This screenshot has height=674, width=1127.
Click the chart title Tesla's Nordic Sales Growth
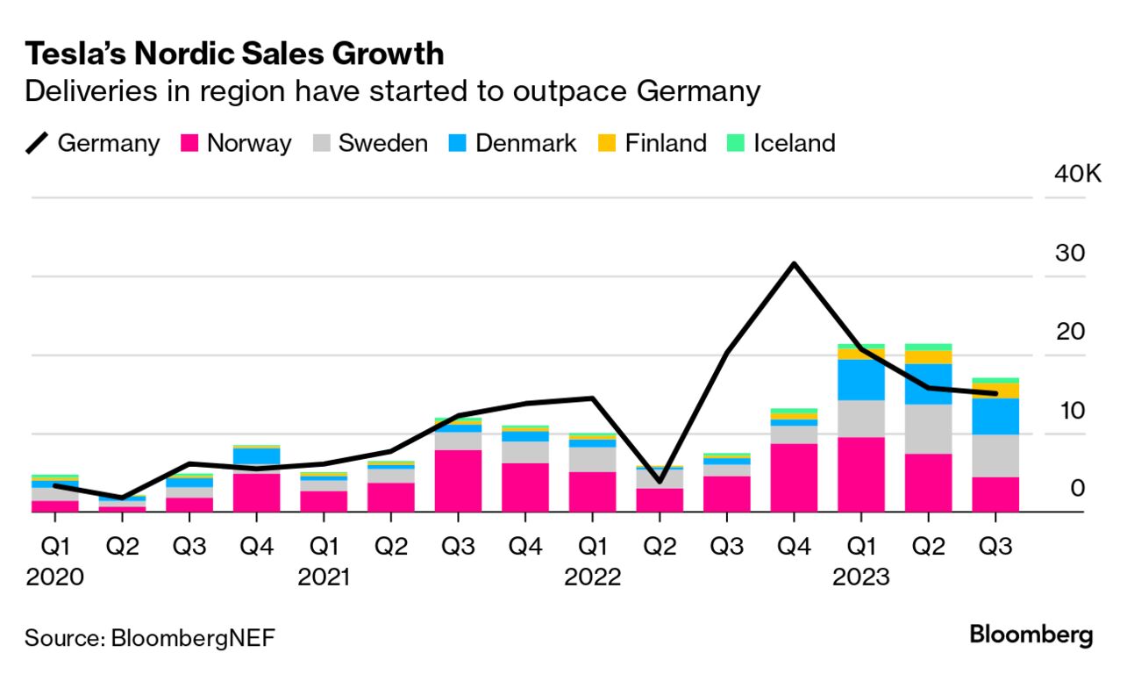[234, 54]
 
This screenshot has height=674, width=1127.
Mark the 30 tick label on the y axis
[1071, 253]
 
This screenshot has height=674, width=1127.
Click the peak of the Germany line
[794, 263]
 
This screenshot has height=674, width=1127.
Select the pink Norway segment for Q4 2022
[794, 477]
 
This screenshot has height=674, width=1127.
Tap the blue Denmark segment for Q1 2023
[860, 379]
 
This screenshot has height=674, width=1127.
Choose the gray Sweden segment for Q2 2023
[928, 428]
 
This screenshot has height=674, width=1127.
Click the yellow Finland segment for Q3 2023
[995, 391]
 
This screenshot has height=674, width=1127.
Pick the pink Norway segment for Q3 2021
[459, 481]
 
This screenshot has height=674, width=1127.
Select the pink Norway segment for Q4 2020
[257, 492]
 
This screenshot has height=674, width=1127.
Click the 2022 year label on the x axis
[593, 578]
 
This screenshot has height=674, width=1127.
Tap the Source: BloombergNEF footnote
[149, 637]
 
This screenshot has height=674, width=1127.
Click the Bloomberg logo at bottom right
[1031, 635]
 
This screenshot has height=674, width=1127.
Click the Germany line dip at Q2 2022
[660, 482]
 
